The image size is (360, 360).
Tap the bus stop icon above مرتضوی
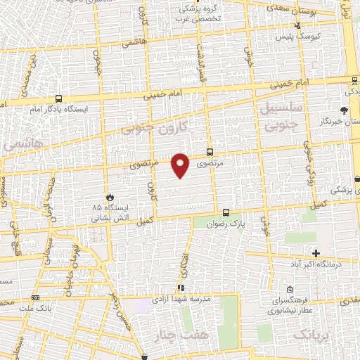(x=210, y=152)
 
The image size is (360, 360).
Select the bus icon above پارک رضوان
(x=226, y=212)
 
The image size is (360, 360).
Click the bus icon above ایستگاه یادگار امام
(x=58, y=99)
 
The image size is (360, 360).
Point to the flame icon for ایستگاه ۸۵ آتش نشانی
(x=108, y=197)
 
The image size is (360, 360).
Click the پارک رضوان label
(x=228, y=224)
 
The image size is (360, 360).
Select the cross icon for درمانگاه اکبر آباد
(x=316, y=253)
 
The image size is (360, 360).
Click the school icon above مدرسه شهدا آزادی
(x=181, y=288)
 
